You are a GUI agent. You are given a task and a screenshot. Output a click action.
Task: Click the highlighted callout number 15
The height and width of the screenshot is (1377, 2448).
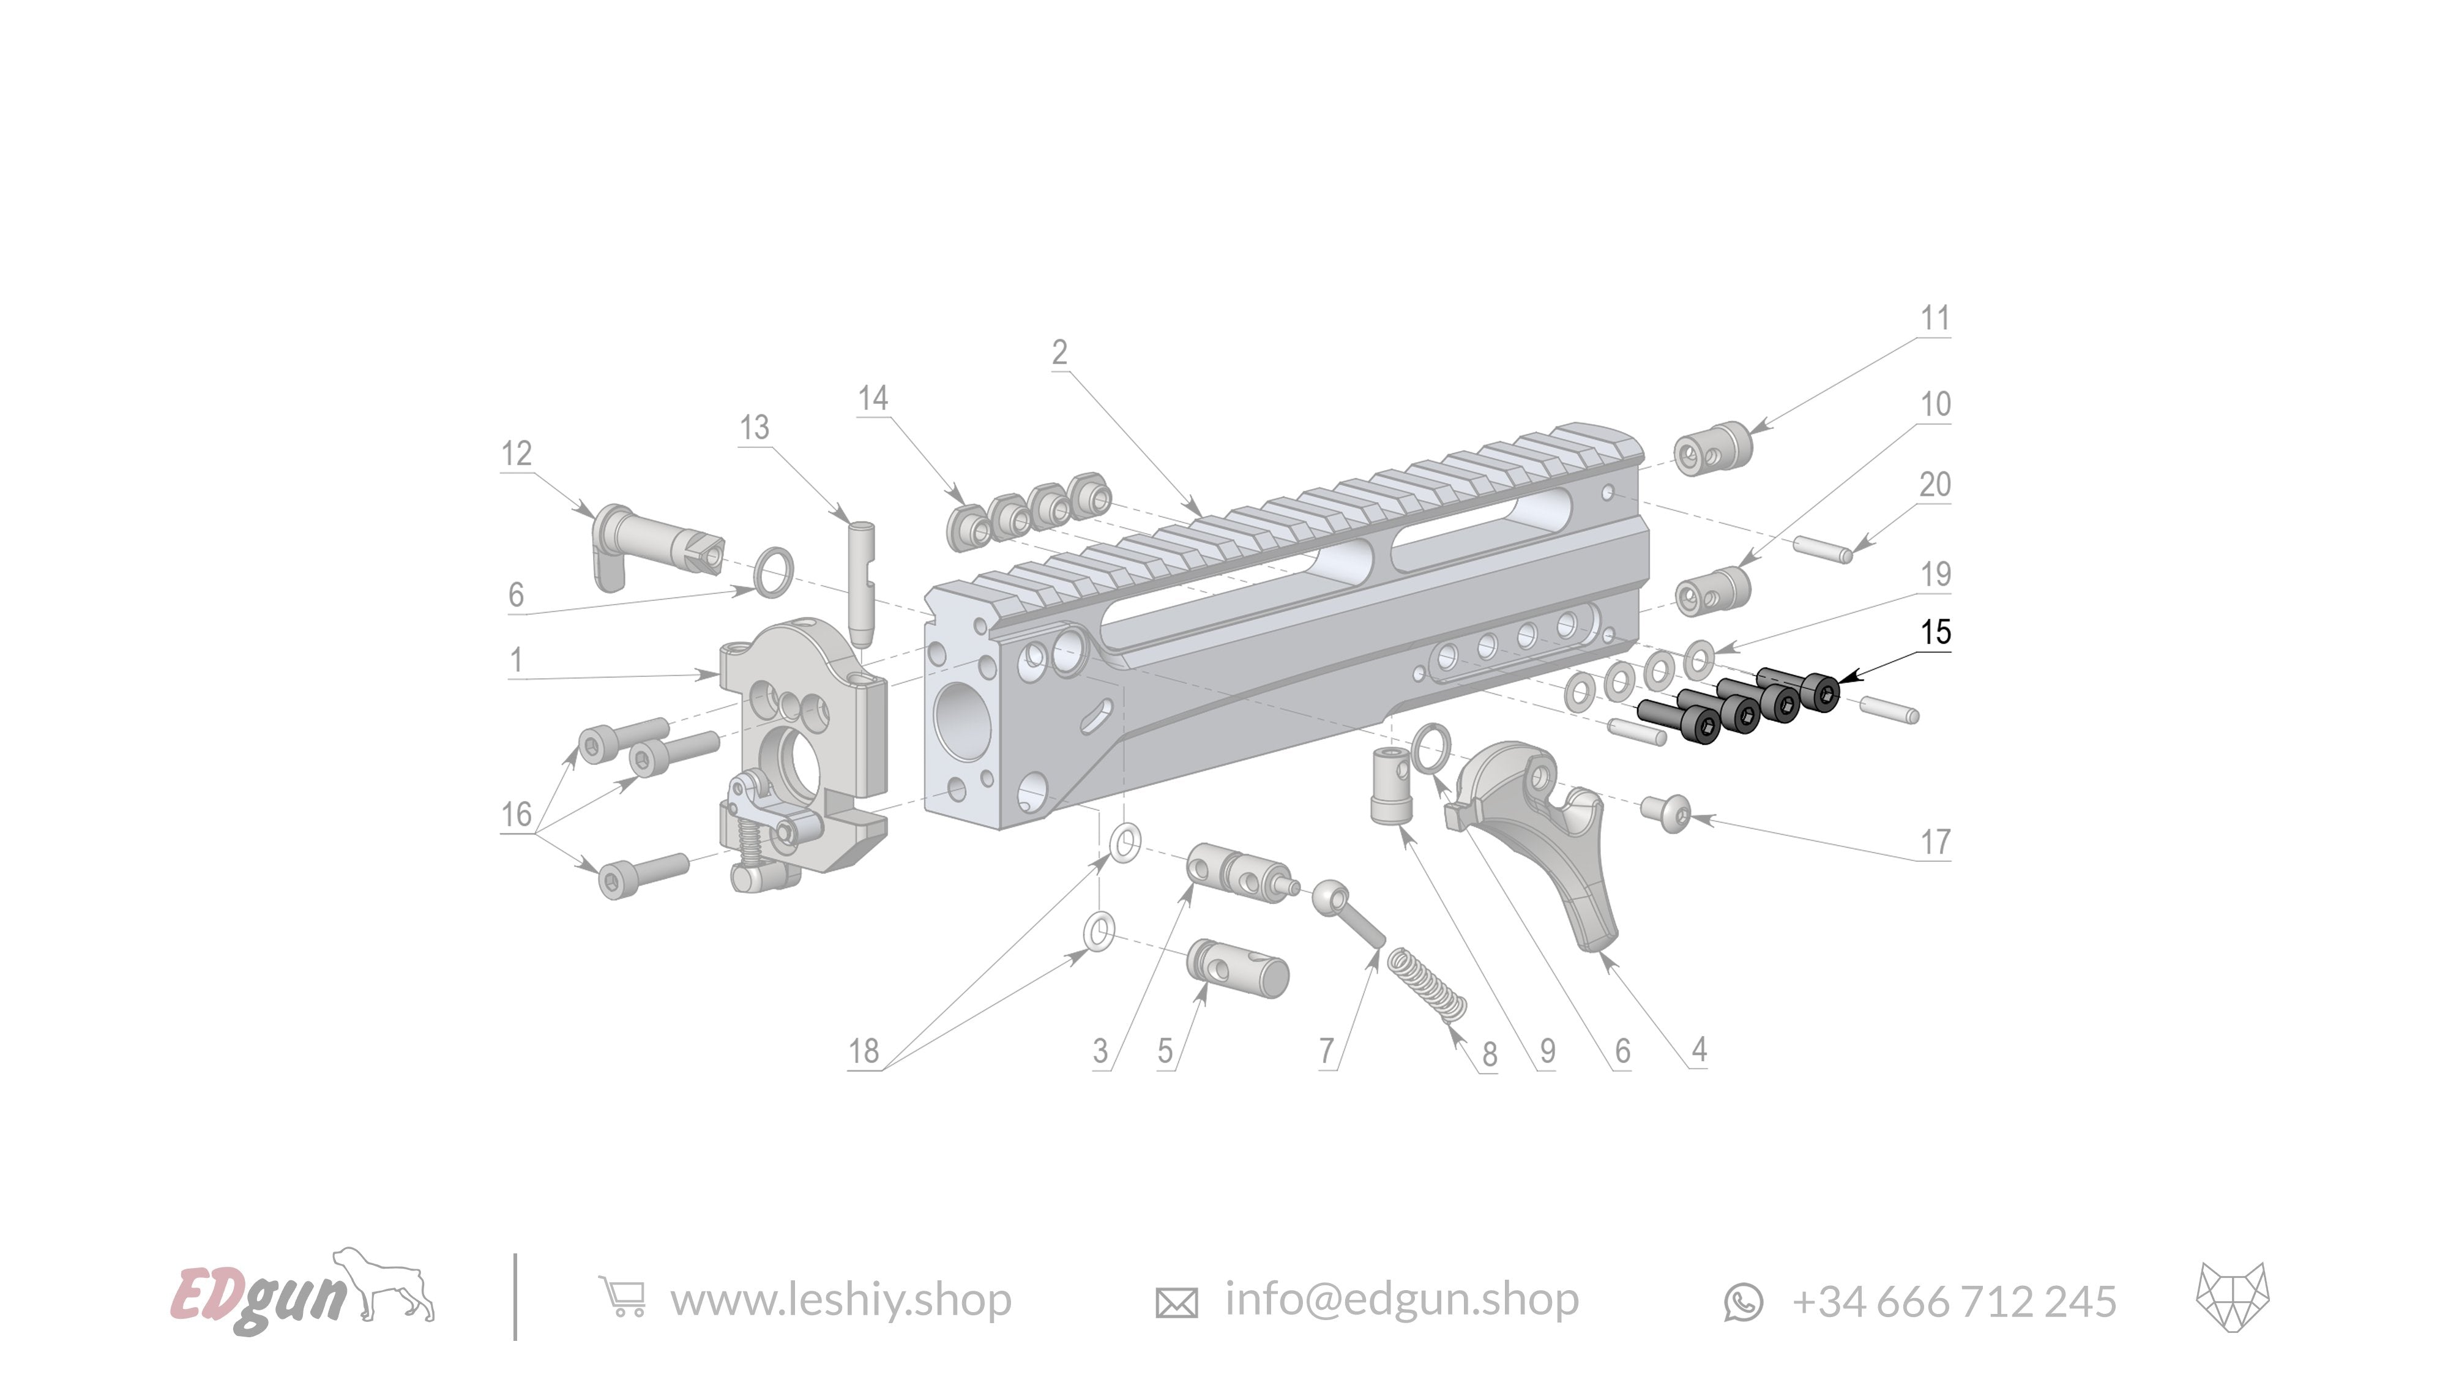coord(1935,632)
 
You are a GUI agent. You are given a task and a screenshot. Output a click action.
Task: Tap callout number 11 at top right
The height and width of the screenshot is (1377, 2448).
coord(1935,318)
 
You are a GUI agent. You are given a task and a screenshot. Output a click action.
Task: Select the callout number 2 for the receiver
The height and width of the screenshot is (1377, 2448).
coord(1059,353)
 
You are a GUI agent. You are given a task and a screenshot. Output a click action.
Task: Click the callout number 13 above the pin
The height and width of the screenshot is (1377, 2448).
coord(753,428)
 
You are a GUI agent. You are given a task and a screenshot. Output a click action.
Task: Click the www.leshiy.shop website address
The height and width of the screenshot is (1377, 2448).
coord(840,1300)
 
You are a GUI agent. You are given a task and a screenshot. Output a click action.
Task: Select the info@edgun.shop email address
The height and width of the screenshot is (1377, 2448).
coord(1401,1299)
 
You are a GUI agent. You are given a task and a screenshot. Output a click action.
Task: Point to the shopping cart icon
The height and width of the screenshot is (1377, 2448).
coord(622,1297)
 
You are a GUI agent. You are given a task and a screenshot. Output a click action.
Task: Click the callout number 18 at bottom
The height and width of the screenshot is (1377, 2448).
coord(863,1051)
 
